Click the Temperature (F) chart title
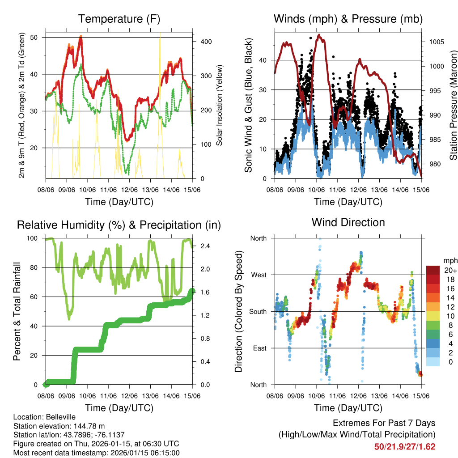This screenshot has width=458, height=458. point(119,19)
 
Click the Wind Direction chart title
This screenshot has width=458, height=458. point(348,222)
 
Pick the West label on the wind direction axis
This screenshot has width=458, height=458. point(258,275)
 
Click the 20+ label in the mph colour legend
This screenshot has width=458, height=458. point(450,270)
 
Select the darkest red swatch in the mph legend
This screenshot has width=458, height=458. point(433,270)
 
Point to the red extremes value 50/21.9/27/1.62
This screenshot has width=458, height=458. point(404,446)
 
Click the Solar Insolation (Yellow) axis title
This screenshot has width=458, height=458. point(219,106)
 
